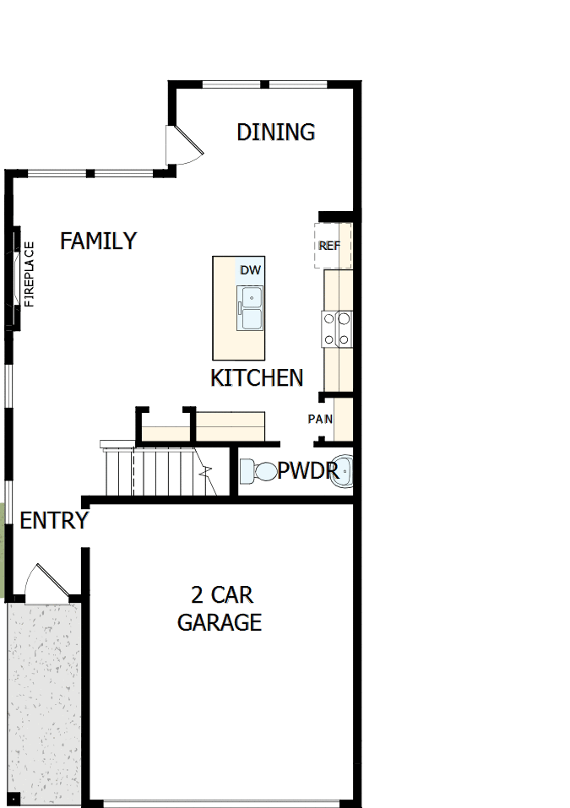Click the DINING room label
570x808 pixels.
point(275,133)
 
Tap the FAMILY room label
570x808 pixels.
point(98,241)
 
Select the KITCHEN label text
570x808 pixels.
point(257,377)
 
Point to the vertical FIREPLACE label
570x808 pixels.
point(30,274)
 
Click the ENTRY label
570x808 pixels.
point(54,521)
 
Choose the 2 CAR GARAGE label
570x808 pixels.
point(220,609)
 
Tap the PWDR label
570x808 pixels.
point(307,470)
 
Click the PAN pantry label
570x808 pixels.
point(320,419)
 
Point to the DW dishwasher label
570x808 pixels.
point(251,270)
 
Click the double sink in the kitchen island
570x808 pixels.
point(251,307)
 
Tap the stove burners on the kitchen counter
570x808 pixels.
point(337,328)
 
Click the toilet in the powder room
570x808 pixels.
point(258,471)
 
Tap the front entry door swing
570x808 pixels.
point(40,583)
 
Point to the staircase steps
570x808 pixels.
point(156,472)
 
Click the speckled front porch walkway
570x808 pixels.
point(44,701)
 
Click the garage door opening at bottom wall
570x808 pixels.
point(224,802)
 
